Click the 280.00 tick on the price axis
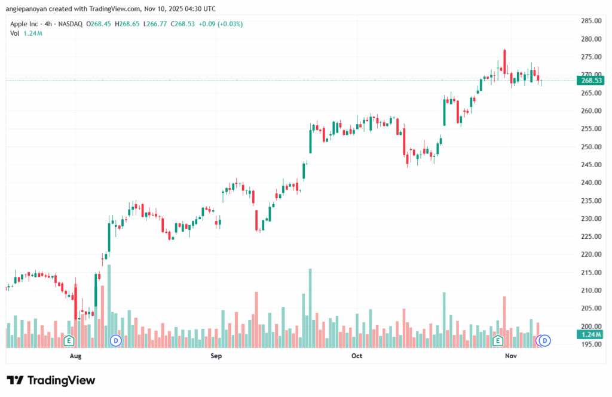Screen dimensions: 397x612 pyautogui.click(x=590, y=39)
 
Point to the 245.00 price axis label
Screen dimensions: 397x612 pyautogui.click(x=590, y=165)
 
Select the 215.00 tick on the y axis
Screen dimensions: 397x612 pyautogui.click(x=590, y=272)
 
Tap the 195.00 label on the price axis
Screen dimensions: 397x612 pyautogui.click(x=590, y=344)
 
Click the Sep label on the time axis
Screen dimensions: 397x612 pyautogui.click(x=216, y=356)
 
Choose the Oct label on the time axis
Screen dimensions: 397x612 pyautogui.click(x=357, y=356)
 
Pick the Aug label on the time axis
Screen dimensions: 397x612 pyautogui.click(x=75, y=356)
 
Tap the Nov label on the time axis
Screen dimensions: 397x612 pyautogui.click(x=510, y=356)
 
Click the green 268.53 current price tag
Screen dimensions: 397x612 pyautogui.click(x=590, y=81)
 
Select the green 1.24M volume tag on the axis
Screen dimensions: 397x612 pyautogui.click(x=590, y=334)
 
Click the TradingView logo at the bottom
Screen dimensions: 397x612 pyautogui.click(x=51, y=380)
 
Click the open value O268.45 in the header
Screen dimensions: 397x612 pyautogui.click(x=98, y=24)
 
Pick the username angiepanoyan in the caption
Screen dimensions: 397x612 pyautogui.click(x=31, y=8)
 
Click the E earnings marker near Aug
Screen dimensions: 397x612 pyautogui.click(x=69, y=341)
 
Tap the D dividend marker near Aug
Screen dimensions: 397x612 pyautogui.click(x=116, y=341)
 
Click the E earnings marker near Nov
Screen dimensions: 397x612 pyautogui.click(x=497, y=341)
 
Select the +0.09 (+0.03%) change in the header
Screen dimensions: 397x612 pyautogui.click(x=221, y=24)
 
